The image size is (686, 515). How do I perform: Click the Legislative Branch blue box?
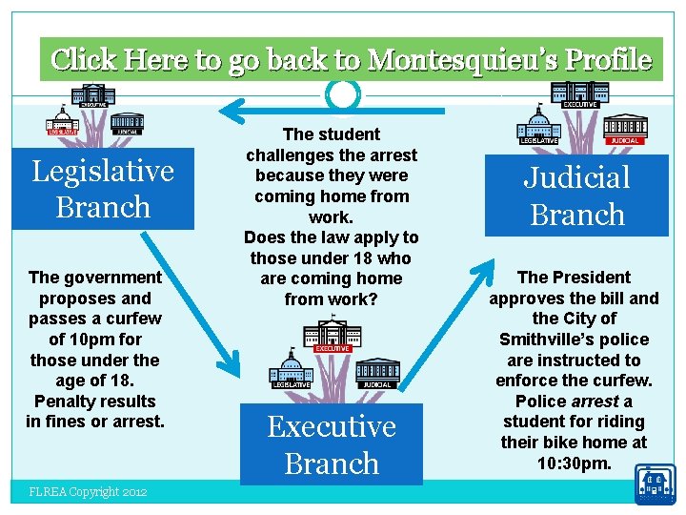click(x=103, y=189)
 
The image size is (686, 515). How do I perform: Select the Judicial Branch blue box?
click(x=577, y=196)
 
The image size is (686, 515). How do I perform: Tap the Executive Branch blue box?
click(x=332, y=444)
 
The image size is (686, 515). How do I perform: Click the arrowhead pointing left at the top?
click(x=229, y=105)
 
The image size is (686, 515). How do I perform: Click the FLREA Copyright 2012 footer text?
click(x=88, y=492)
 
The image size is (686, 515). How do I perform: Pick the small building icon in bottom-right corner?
click(x=656, y=484)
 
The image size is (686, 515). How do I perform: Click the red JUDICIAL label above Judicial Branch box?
click(x=624, y=140)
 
